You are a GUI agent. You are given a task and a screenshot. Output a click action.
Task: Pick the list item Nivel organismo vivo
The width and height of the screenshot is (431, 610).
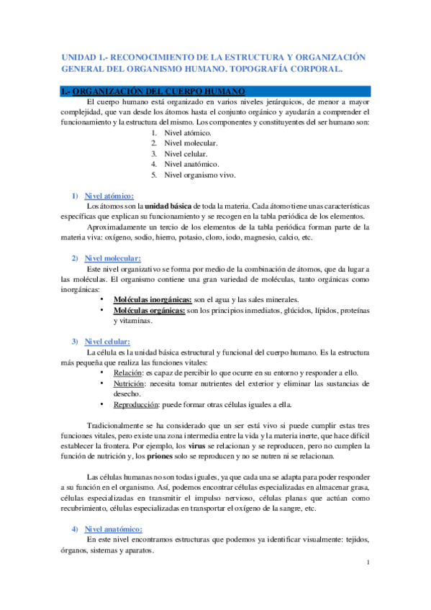click(x=199, y=175)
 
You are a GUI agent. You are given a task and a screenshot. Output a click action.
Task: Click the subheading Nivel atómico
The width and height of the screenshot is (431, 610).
click(x=108, y=196)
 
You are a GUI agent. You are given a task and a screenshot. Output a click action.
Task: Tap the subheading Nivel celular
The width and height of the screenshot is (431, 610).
click(x=107, y=341)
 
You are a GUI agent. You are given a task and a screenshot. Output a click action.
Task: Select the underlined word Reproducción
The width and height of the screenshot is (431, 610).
click(x=136, y=404)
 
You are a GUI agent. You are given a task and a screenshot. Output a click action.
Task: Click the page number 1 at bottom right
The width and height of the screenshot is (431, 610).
click(x=367, y=563)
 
